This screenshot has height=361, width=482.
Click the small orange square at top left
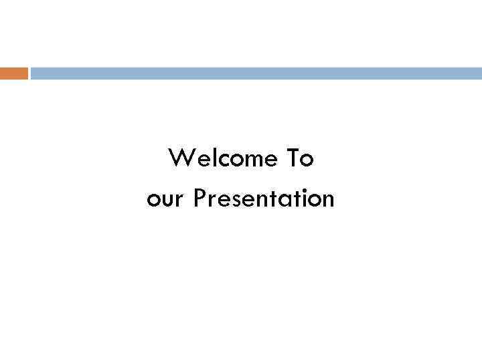click(x=14, y=74)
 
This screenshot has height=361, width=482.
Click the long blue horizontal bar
click(x=256, y=74)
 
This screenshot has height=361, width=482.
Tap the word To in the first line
click(x=299, y=159)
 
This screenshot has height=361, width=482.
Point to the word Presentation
click(x=264, y=199)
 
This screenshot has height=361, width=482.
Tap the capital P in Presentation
click(x=200, y=199)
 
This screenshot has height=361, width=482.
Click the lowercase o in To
click(x=307, y=162)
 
